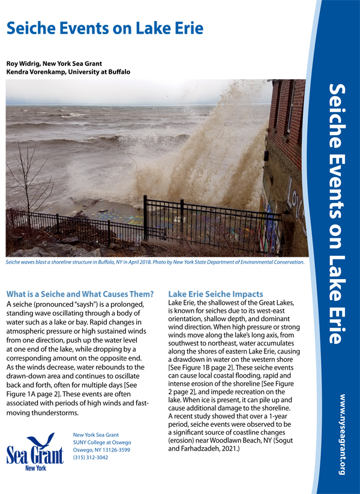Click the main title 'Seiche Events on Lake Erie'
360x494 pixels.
click(105, 28)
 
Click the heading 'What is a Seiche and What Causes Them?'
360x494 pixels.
click(80, 294)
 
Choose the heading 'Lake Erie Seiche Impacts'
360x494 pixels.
click(215, 294)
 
